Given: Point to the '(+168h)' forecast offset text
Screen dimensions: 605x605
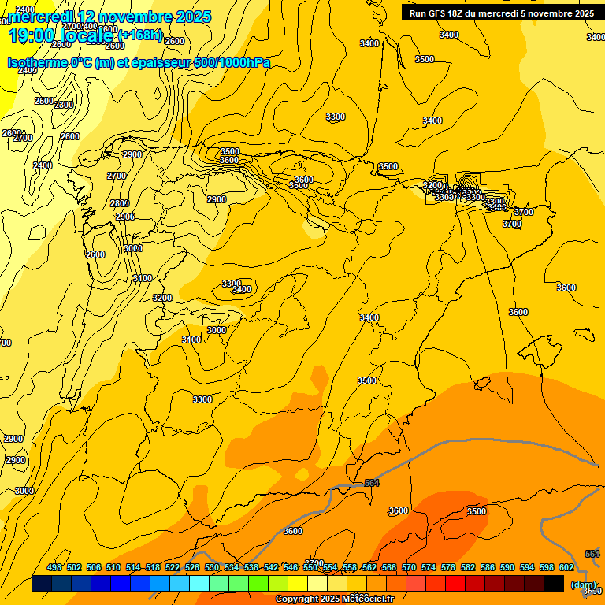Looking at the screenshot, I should [141, 35].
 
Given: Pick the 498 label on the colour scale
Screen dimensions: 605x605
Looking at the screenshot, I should [54, 567].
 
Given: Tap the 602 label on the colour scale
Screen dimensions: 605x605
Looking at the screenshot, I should [566, 567].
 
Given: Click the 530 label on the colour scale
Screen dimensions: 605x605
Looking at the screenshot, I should [212, 567].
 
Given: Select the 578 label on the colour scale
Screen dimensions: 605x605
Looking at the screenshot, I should [448, 567].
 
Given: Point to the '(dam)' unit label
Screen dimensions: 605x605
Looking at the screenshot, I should [584, 585].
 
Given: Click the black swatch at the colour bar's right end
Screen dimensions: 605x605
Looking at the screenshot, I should [554, 584].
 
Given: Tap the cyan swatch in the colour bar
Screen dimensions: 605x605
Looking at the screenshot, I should [199, 584].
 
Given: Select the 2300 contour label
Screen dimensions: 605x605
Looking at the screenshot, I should [64, 105].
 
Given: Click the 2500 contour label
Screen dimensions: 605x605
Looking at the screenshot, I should [44, 101].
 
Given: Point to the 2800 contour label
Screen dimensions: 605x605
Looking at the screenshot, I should [120, 203].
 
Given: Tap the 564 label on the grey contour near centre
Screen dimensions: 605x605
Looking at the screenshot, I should [372, 483].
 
